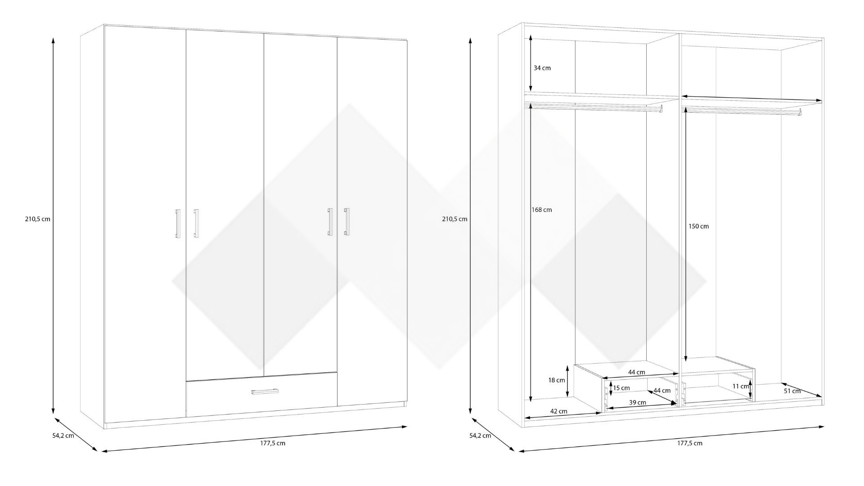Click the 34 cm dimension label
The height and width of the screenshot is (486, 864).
coord(542,68)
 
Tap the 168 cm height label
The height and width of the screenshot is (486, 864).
coord(541,210)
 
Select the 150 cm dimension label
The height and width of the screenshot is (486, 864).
coord(698,226)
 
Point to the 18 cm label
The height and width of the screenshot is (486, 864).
coord(556,380)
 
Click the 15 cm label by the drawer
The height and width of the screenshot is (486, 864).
coord(621,388)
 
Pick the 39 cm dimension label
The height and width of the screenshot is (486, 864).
coord(638,402)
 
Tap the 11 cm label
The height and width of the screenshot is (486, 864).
coord(740,386)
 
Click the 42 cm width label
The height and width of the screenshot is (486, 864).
coord(559,411)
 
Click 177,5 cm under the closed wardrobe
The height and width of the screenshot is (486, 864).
coord(272,443)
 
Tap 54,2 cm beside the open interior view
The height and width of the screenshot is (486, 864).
coord(480,436)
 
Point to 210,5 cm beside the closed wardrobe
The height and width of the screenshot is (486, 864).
coord(37,219)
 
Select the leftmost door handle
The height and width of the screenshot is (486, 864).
coord(177,223)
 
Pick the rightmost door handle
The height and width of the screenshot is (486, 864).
coord(346,221)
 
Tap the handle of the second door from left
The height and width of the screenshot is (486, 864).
coord(196,223)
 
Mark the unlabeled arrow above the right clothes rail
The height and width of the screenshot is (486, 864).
coord(751,99)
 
